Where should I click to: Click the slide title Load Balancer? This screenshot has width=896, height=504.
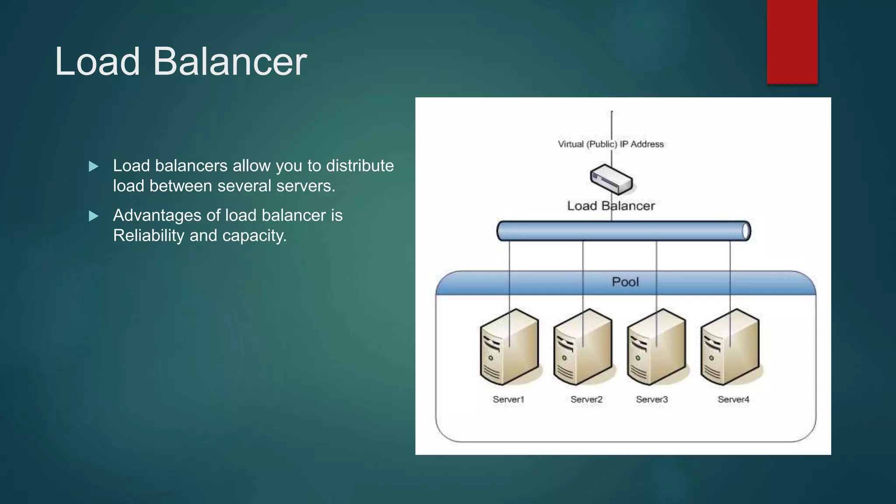pos(181,62)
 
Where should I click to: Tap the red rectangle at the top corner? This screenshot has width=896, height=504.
pos(792,42)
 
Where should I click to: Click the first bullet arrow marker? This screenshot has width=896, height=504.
pos(93,166)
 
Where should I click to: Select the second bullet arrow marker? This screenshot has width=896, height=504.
pos(93,216)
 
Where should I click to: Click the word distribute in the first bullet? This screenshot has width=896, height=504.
pos(360,166)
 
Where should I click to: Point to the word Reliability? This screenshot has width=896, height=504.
pos(149,235)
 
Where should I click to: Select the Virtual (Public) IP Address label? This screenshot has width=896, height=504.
pos(611,144)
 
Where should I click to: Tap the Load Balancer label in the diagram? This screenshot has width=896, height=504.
pos(611,206)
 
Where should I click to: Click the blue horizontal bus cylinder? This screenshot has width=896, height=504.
pos(623,231)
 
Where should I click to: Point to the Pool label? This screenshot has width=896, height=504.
pos(625,282)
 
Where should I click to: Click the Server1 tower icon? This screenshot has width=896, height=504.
pos(509,347)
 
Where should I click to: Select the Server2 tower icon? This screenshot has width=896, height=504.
pos(582,347)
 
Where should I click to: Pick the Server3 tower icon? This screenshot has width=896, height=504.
pos(656,347)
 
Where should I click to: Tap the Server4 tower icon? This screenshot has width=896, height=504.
pos(729,347)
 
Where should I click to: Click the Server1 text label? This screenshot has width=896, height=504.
pos(508,399)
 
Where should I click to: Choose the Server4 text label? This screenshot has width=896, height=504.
pos(733,399)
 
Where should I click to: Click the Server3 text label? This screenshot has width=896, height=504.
pos(652,399)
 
